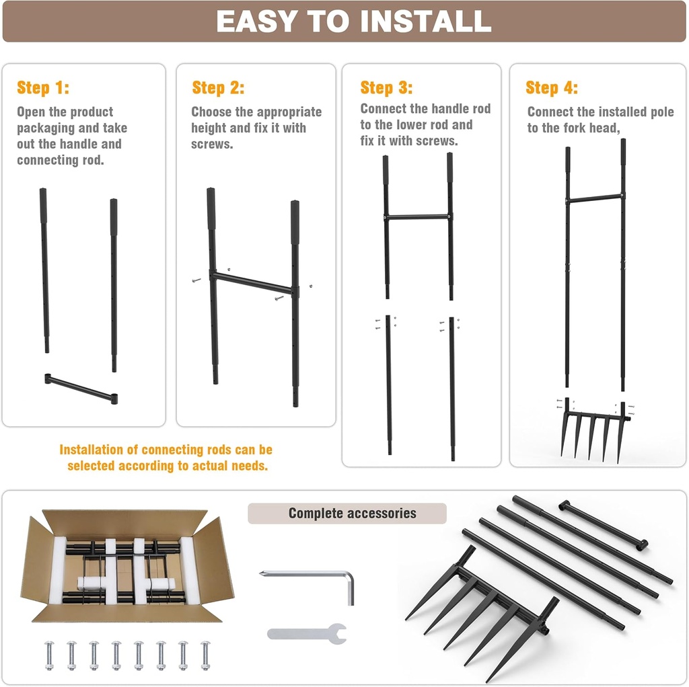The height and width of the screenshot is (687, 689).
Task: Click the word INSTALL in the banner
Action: coord(426,22)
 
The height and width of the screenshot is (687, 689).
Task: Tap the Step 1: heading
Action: coord(42,88)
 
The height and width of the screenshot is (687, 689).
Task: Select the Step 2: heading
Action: coord(218,88)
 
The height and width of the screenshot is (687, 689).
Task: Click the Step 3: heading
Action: coord(386,88)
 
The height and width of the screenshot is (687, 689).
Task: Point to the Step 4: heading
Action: coord(551,88)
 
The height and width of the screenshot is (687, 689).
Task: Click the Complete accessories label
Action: coord(352,514)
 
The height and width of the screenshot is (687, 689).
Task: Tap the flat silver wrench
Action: coord(307,633)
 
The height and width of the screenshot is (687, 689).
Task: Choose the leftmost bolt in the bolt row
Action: coord(49,654)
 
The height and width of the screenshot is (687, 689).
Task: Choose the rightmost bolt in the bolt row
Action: coord(205,654)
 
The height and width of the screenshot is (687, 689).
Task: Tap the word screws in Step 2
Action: coord(211,144)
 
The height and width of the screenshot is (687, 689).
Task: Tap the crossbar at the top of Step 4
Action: coord(595,198)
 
